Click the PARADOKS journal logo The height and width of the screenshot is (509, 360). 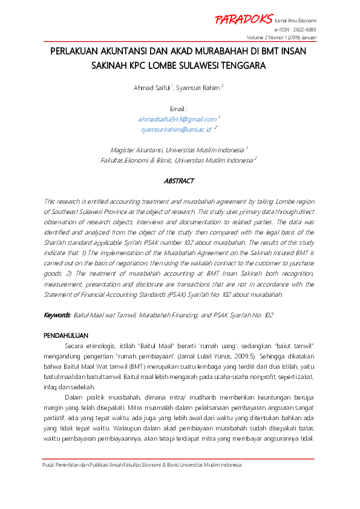(x=243, y=19)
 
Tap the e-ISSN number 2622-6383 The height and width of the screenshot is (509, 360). (x=304, y=29)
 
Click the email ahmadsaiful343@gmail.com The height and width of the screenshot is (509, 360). (x=177, y=119)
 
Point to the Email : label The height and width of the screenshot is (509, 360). (x=180, y=108)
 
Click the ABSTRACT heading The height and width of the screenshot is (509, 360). (x=180, y=181)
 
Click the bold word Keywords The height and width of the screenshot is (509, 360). (x=57, y=316)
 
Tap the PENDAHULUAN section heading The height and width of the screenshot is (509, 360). (x=67, y=335)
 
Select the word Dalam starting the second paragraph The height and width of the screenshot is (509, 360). (x=74, y=395)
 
